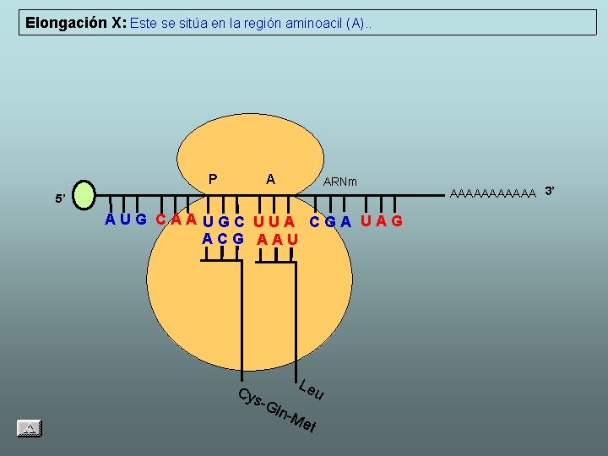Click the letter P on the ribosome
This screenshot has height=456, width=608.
point(213,179)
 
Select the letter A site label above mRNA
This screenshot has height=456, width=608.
point(270,179)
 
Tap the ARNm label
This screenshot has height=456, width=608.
point(340,182)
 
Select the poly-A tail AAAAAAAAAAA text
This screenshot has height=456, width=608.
point(494,193)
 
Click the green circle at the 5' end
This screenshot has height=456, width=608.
point(86,194)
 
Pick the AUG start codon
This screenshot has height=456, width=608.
point(126,220)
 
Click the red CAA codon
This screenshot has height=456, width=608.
point(176,220)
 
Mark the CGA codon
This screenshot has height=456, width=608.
point(330,222)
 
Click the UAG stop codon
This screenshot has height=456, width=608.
point(382,221)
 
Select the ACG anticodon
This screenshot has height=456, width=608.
point(223,239)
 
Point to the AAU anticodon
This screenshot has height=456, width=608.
point(278,239)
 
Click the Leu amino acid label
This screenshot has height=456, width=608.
point(311,390)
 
